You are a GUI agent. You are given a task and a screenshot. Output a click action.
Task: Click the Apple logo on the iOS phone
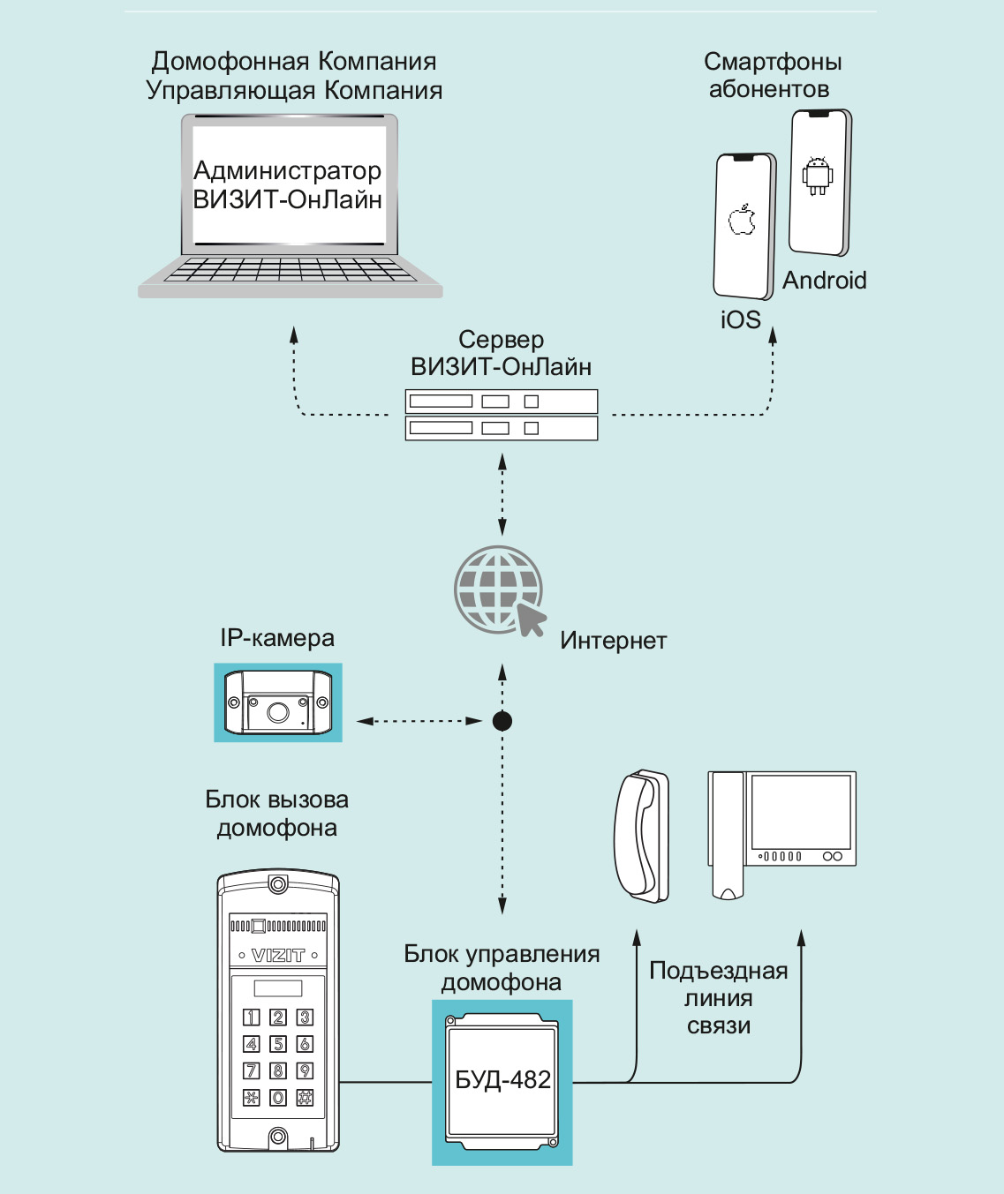pyautogui.click(x=743, y=220)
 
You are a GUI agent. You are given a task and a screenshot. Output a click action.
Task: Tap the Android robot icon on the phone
pyautogui.click(x=818, y=175)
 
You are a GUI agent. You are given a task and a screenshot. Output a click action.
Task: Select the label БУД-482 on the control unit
pyautogui.click(x=502, y=1080)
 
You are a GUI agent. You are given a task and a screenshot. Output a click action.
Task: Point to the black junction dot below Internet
pyautogui.click(x=502, y=721)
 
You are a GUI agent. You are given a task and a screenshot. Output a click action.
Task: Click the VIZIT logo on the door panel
pyautogui.click(x=278, y=955)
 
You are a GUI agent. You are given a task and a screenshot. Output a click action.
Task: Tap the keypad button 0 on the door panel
pyautogui.click(x=278, y=1097)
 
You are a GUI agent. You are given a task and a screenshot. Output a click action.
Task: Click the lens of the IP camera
pyautogui.click(x=278, y=711)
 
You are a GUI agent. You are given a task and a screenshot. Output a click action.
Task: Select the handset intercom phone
pyautogui.click(x=642, y=835)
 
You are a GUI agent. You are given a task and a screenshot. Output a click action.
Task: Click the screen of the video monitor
pyautogui.click(x=800, y=812)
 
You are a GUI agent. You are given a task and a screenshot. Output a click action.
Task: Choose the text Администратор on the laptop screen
pyautogui.click(x=287, y=170)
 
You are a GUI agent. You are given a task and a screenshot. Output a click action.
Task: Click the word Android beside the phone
pyautogui.click(x=825, y=281)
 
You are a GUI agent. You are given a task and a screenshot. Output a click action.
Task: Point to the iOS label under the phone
pyautogui.click(x=740, y=319)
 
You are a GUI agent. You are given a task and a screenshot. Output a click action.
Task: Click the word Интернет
pyautogui.click(x=613, y=641)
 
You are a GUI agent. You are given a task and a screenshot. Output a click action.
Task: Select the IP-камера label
pyautogui.click(x=277, y=638)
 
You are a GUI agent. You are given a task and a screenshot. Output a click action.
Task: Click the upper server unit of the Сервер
pyautogui.click(x=502, y=402)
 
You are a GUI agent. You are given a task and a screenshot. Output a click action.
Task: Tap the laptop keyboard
pyautogui.click(x=290, y=270)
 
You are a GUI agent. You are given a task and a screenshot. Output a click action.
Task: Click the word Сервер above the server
pyautogui.click(x=501, y=340)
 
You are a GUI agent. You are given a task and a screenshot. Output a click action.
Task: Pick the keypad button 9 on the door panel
pyautogui.click(x=305, y=1070)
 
